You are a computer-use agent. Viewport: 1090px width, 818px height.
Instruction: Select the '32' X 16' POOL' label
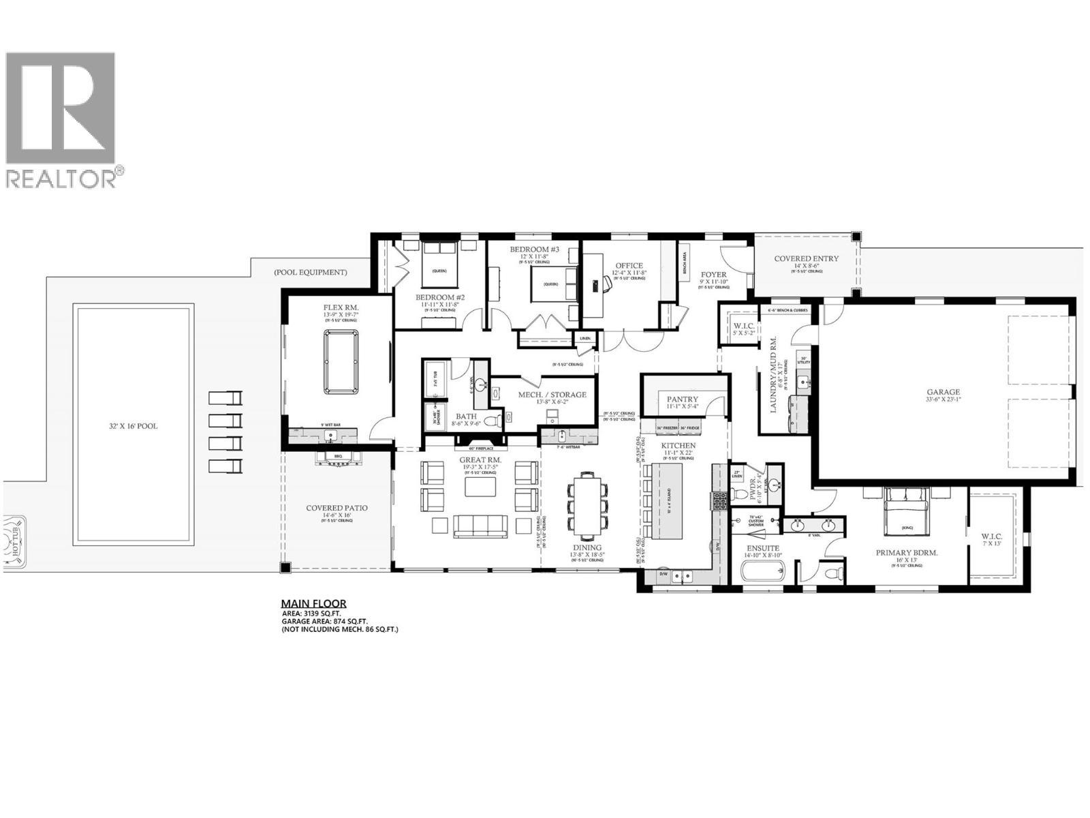coord(133,426)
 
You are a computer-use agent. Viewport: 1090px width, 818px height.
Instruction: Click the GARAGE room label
coord(943,392)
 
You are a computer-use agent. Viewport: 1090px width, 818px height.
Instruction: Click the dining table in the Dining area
coord(587,506)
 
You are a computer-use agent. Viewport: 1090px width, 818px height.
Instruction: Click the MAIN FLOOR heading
coord(313,603)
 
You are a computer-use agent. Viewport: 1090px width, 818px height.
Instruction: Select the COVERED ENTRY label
coord(807,258)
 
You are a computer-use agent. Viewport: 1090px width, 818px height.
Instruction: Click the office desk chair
coord(602,284)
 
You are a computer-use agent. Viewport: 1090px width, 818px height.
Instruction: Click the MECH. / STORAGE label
coord(552,395)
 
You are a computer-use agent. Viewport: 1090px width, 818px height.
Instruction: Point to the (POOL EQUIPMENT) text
coord(311,272)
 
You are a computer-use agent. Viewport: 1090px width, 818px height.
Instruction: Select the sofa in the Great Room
coord(480,525)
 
